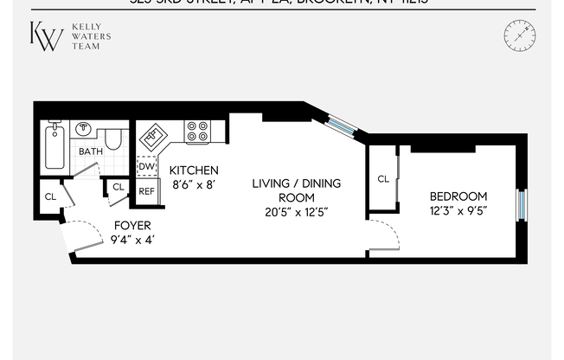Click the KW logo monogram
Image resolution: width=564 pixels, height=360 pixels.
pos(47,36)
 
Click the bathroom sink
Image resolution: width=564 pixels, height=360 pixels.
pos(85,130)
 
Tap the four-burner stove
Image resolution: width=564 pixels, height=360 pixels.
pos(198,131)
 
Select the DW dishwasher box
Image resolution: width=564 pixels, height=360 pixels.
pos(147,167)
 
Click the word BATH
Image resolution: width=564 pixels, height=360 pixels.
pos(91,151)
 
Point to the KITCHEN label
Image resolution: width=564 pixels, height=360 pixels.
pos(193,170)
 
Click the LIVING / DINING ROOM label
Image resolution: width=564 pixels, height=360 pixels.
pos(296,190)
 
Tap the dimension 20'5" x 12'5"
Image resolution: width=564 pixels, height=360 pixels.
pos(296,212)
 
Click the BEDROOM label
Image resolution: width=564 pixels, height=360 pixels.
pos(460,196)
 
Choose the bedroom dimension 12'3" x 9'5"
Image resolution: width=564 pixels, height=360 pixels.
pos(460,210)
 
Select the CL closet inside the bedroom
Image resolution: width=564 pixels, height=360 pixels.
pos(383,179)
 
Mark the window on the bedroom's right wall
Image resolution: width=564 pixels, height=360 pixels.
pos(522,205)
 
